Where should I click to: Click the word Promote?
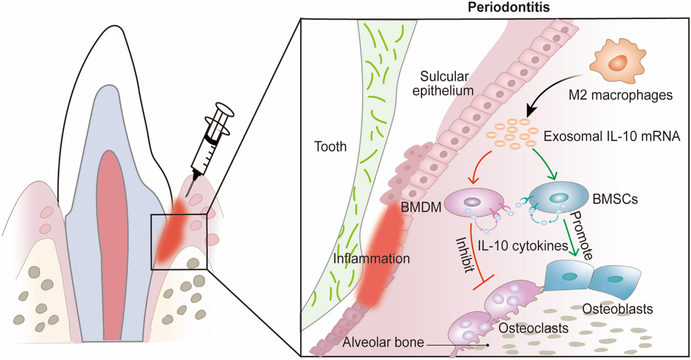coord(581,236)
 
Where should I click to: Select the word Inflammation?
coord(371,259)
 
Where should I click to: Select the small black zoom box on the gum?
coord(179,241)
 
